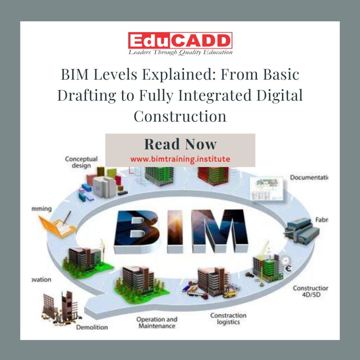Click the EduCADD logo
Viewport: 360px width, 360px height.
coord(180,41)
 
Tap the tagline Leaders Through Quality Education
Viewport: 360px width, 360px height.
coord(180,52)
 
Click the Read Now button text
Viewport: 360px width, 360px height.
coord(180,144)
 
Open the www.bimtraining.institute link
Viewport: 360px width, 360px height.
coord(180,159)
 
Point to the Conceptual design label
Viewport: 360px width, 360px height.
coord(81,162)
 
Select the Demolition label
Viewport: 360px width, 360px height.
coord(92,327)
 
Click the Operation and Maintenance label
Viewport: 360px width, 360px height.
coord(157,323)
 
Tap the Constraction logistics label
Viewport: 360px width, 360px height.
coord(228,319)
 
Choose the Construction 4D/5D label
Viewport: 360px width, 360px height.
coord(310,291)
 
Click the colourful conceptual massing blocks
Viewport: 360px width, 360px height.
coord(102,184)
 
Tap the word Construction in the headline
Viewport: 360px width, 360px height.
coord(180,116)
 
